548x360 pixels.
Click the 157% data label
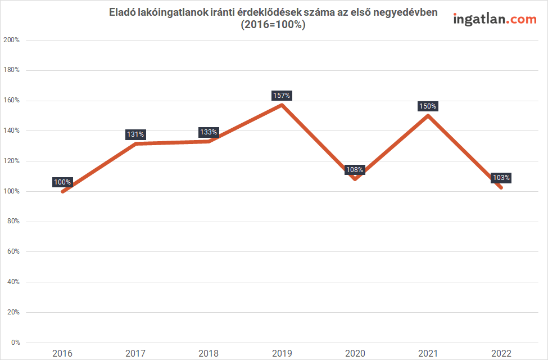[282, 96]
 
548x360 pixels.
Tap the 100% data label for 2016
[62, 182]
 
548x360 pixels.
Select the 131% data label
[135, 134]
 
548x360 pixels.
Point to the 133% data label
[209, 132]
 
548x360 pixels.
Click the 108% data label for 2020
[355, 169]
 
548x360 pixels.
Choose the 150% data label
[428, 106]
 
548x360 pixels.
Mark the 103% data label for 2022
[501, 178]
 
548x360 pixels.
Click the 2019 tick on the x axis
[282, 353]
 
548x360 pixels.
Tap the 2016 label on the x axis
[62, 353]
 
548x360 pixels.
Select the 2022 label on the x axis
[501, 353]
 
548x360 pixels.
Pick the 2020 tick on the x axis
[355, 353]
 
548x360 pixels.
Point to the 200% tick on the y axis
[12, 40]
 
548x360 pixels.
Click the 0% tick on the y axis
[15, 342]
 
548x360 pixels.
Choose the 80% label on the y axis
[13, 222]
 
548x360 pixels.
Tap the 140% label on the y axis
[12, 130]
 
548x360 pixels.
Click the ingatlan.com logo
[495, 19]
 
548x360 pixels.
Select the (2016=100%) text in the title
[273, 25]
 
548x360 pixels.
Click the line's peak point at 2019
[282, 105]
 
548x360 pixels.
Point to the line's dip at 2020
[355, 179]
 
